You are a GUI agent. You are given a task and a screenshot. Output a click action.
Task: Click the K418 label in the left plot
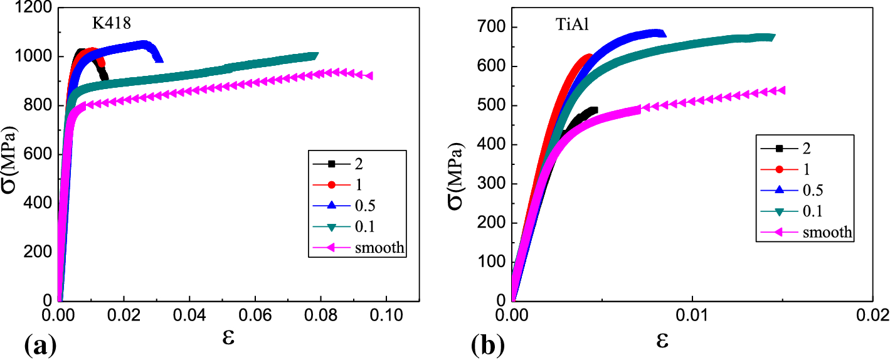112,24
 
